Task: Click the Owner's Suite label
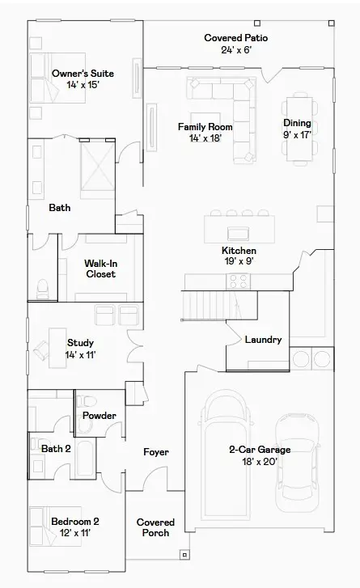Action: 76,79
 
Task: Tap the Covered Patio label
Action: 236,44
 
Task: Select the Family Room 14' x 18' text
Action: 205,133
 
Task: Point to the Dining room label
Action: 297,129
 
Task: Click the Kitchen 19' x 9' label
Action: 239,256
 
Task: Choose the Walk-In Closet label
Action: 101,269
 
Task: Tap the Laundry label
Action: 263,340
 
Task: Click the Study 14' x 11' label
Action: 81,349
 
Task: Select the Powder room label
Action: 100,416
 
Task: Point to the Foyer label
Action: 156,452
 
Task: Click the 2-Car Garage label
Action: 259,455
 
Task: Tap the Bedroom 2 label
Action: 75,527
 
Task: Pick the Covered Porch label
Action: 155,527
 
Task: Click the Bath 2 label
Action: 56,449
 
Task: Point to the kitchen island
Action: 239,226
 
